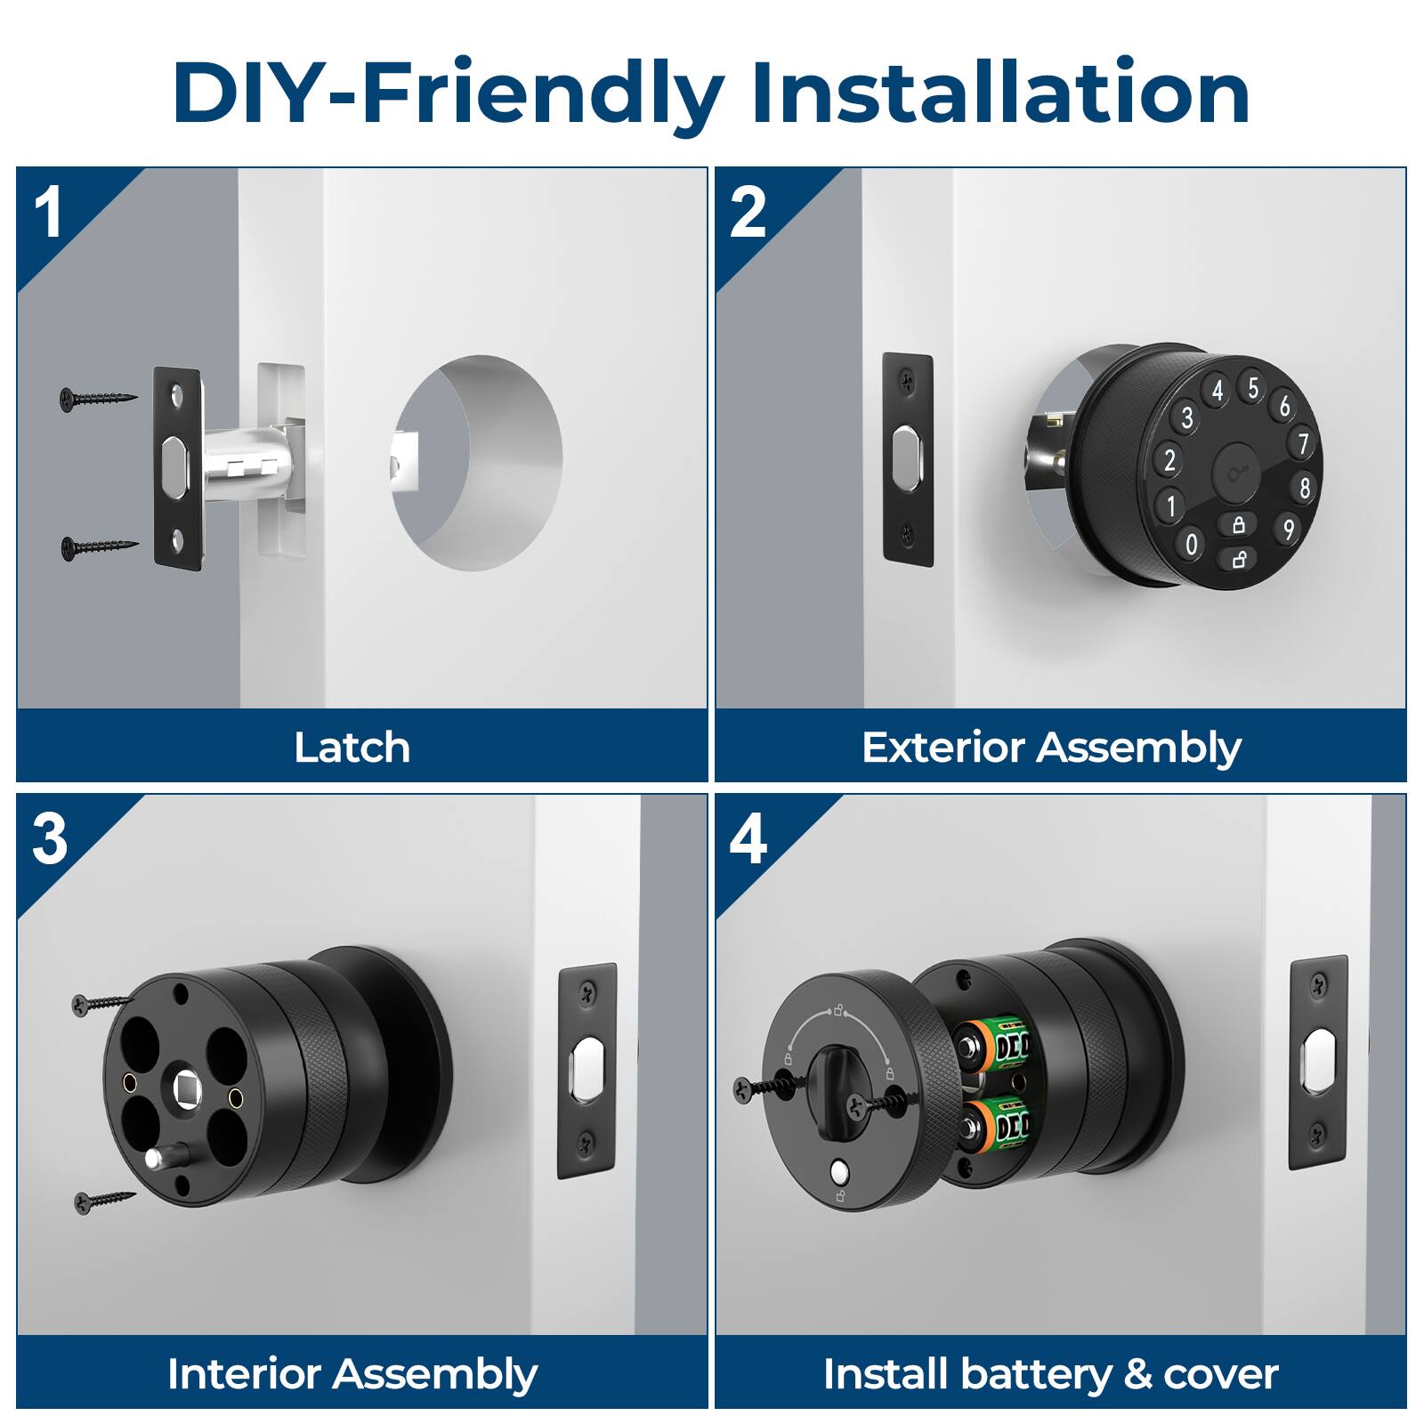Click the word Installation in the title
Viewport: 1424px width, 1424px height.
(x=1000, y=93)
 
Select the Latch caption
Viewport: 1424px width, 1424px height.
(x=352, y=748)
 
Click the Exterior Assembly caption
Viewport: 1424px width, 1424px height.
(x=1051, y=748)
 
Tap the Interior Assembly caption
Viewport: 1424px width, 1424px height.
(x=352, y=1374)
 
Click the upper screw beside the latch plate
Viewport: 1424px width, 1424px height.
(x=98, y=397)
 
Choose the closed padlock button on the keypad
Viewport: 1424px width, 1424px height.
(x=1238, y=525)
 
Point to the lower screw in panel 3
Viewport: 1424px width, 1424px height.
(x=105, y=1201)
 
